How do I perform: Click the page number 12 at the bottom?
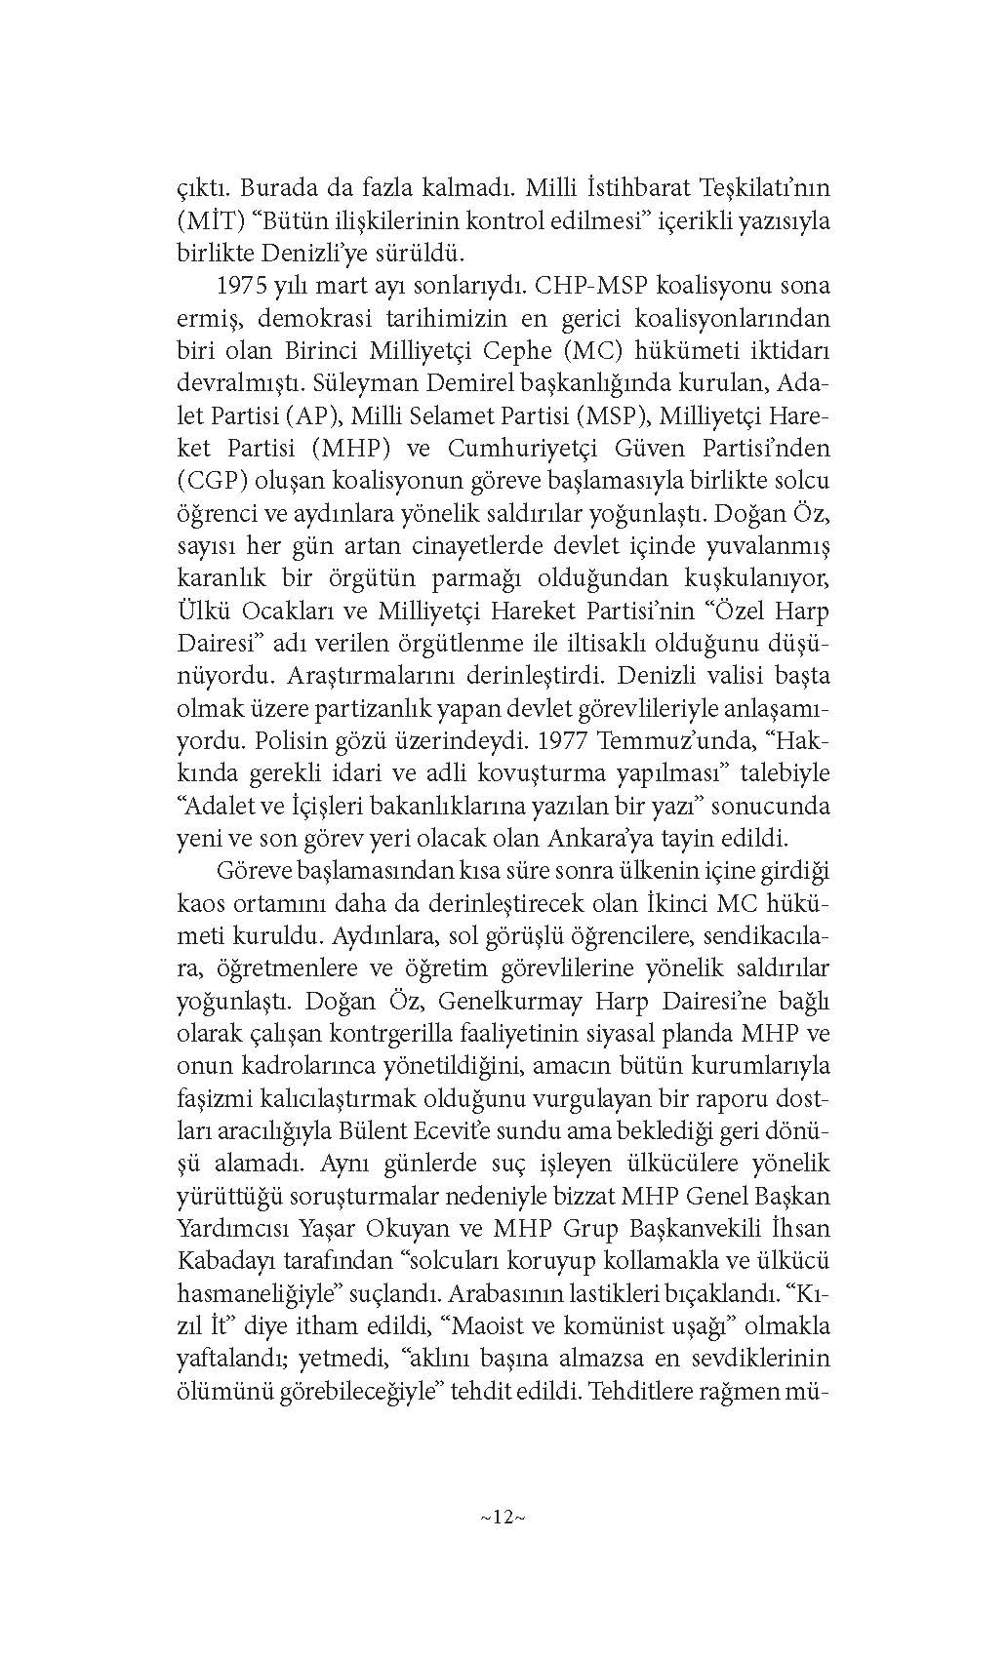[503, 1517]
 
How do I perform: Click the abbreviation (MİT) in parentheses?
[207, 220]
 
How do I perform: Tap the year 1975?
[245, 286]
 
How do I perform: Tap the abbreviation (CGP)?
[208, 481]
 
